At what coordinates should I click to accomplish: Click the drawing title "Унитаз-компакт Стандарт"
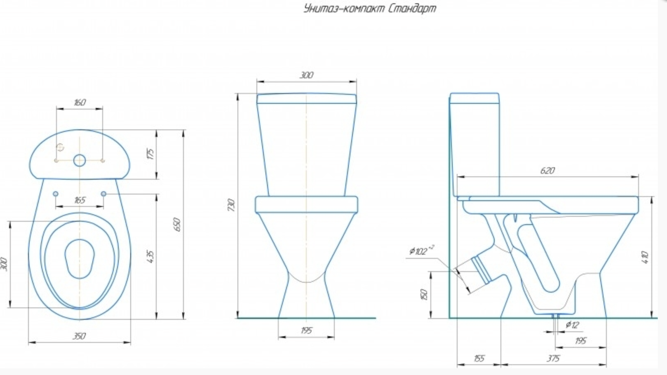pos(370,8)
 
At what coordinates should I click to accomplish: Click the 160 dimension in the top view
pos(80,102)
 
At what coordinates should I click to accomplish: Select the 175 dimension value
pos(150,154)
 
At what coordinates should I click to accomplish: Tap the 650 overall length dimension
pos(177,225)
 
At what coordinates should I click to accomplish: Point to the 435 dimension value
pos(150,257)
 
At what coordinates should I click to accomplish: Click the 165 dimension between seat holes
pos(80,200)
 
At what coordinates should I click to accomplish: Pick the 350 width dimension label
pos(79,336)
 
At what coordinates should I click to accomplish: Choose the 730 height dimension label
pos(231,205)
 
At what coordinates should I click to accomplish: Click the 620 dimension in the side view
pos(547,171)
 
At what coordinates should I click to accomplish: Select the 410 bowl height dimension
pos(645,258)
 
